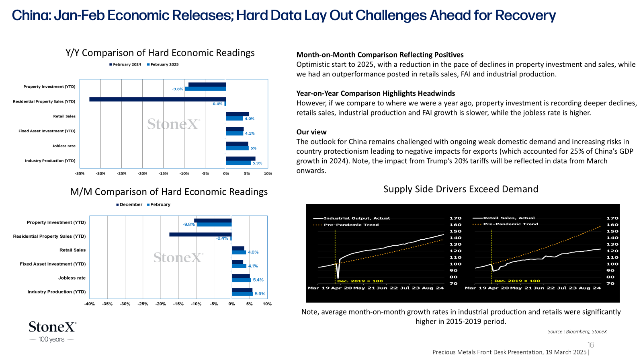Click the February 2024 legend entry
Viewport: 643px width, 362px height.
(125, 65)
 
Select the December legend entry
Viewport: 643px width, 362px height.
(129, 205)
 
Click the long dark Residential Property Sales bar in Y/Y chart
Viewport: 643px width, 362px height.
(158, 99)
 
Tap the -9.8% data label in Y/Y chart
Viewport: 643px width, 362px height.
(177, 89)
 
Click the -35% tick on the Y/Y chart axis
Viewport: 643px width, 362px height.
(80, 173)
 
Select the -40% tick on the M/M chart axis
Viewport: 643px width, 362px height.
(89, 304)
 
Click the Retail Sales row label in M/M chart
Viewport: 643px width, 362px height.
(72, 250)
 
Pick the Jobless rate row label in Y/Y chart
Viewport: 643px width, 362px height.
(64, 146)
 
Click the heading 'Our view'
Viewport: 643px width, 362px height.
(311, 132)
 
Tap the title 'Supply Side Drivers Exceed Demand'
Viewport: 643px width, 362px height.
(461, 189)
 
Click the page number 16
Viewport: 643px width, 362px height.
(590, 345)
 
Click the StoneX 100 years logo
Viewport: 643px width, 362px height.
(53, 332)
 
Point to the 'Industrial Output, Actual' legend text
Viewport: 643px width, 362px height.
(357, 218)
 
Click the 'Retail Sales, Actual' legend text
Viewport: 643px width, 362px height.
(509, 218)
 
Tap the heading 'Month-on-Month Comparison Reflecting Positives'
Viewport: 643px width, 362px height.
(380, 55)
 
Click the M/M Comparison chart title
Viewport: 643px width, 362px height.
(169, 191)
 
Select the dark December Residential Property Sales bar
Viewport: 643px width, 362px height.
(201, 234)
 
